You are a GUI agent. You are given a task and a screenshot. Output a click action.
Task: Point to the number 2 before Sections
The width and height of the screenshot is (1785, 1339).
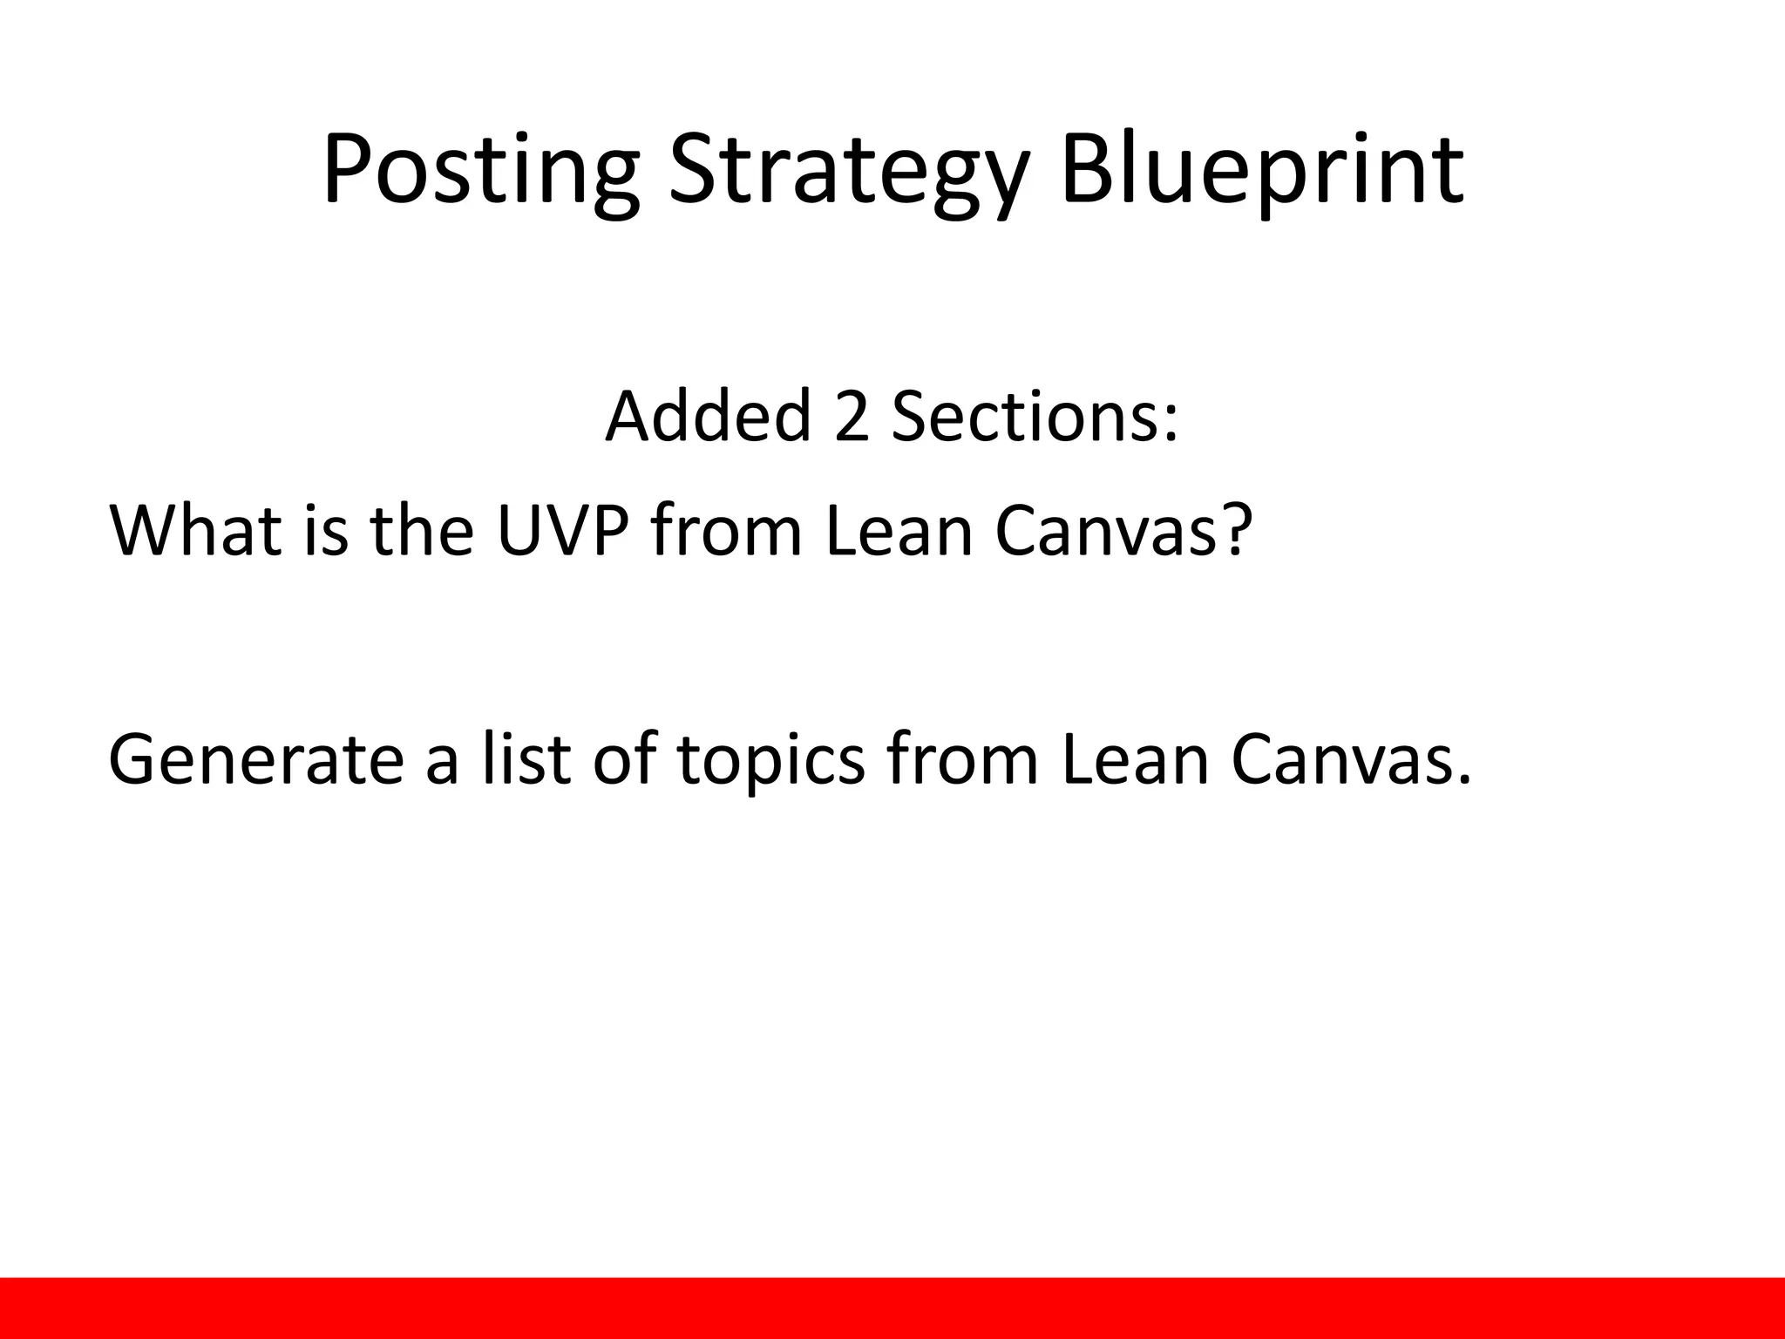pos(852,416)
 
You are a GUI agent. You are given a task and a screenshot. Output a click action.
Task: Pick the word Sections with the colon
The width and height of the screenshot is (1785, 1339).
pos(1035,416)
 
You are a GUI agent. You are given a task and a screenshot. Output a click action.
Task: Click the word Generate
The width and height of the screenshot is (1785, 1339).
pos(255,758)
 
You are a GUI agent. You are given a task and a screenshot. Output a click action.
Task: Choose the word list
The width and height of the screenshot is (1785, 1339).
pos(527,758)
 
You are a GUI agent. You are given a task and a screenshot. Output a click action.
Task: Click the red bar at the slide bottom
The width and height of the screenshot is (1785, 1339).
pos(892,1308)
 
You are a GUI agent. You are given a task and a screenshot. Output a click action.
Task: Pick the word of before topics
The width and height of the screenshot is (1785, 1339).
pos(624,758)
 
